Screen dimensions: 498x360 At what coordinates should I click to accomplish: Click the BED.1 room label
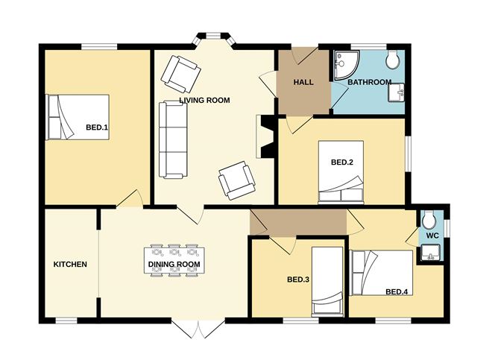[97, 127]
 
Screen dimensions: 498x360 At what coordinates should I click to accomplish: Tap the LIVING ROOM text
[204, 101]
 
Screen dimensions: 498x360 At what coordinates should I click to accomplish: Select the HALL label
[303, 82]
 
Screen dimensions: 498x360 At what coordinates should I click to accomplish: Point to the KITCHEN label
[70, 265]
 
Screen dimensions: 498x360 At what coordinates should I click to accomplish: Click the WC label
[432, 236]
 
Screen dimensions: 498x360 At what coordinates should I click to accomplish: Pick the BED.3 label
[298, 280]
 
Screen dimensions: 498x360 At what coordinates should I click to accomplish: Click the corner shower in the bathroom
[347, 65]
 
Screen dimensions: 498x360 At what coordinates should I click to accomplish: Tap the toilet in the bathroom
[393, 59]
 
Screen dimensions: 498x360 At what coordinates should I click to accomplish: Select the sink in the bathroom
[397, 92]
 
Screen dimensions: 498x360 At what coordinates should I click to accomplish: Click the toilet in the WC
[429, 219]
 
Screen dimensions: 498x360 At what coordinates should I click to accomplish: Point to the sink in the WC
[430, 253]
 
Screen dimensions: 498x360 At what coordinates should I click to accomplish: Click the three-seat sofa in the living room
[173, 139]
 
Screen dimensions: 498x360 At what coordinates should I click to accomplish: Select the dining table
[174, 260]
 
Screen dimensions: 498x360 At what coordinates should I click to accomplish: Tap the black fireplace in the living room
[267, 136]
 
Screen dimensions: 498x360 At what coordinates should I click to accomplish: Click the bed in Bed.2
[341, 172]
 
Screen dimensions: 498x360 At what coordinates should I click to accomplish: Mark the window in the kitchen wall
[66, 320]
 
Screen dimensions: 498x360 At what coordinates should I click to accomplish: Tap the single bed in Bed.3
[327, 282]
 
